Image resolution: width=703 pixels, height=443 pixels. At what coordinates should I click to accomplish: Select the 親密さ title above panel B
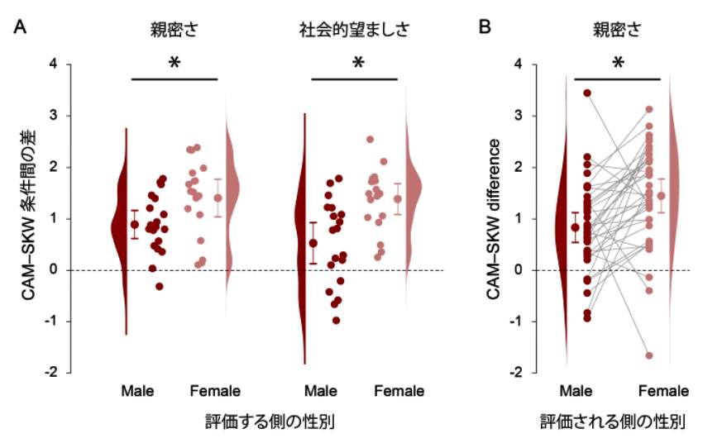pos(615,31)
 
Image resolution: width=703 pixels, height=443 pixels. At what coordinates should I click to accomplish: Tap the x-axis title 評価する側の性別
pos(270,422)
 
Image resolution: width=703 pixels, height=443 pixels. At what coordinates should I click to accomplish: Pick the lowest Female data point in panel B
pos(649,355)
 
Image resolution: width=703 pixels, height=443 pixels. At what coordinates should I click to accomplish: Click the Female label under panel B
pos(666,390)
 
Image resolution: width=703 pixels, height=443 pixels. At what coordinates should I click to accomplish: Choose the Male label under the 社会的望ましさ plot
pos(319,390)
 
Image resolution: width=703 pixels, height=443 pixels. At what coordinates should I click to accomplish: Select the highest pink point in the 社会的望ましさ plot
pos(371,139)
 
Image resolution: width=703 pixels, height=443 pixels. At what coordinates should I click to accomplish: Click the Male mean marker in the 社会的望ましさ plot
pos(313,243)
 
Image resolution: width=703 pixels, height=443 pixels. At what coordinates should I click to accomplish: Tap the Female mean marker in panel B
pos(661,196)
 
